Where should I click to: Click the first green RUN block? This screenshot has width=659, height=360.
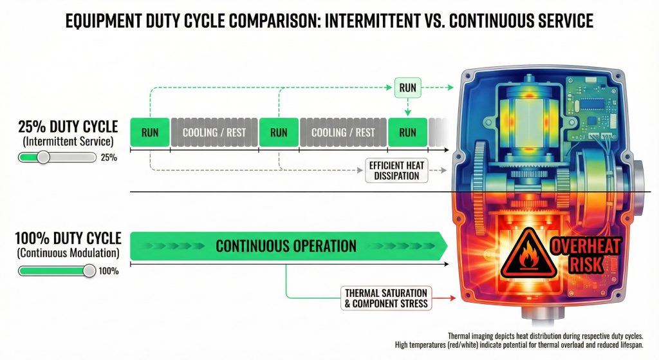point(150,132)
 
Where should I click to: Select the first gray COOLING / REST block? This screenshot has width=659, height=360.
point(214,132)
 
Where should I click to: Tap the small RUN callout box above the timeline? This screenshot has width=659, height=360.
point(407,88)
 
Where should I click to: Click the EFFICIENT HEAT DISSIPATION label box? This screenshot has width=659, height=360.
point(396,170)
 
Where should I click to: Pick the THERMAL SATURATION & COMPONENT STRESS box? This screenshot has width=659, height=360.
point(386,298)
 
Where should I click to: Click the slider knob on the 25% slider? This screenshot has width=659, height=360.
point(43,157)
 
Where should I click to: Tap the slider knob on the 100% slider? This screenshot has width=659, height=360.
point(89,271)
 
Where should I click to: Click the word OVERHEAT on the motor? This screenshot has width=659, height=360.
point(586,247)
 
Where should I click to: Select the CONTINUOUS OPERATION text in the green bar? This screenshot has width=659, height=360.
point(286,245)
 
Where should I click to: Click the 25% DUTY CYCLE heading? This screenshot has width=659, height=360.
point(68,127)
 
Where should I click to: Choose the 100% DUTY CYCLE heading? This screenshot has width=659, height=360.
point(68,238)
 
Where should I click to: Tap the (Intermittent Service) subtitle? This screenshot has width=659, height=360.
point(68,141)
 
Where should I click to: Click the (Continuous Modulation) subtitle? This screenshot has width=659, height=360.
point(68,252)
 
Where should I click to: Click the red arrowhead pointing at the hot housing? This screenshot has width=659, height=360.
point(453,298)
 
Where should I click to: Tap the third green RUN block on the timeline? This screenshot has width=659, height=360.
point(407,132)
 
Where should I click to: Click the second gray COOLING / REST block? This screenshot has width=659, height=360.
point(343,132)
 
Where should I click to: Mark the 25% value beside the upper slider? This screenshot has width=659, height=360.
point(109,158)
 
